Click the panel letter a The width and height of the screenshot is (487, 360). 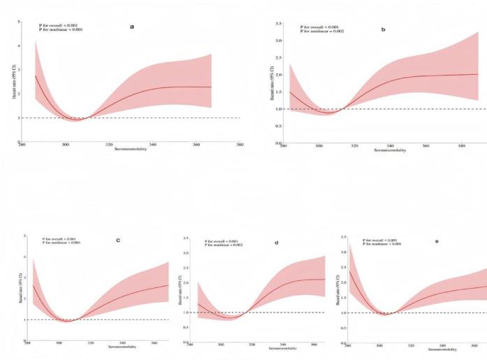[132, 27]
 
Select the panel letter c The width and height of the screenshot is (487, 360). [118, 240]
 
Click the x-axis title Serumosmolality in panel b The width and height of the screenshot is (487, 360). [390, 150]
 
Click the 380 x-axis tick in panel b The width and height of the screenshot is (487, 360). [461, 145]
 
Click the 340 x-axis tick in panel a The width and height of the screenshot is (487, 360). [153, 145]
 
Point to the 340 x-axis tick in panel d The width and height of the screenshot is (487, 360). [283, 345]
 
